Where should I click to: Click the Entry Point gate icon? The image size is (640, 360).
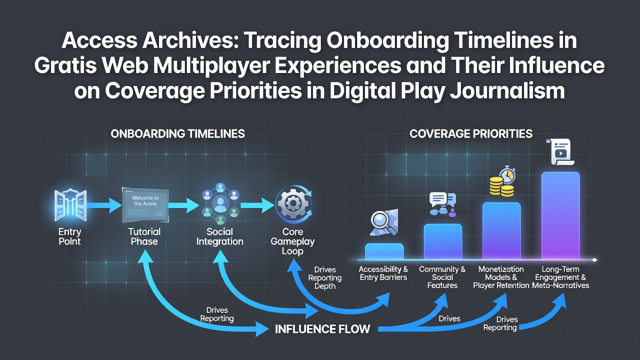tap(70, 205)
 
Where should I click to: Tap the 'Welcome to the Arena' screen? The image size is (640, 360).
tap(145, 204)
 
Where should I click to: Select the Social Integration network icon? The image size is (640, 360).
tap(220, 203)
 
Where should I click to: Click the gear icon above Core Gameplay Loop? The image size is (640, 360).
tap(293, 204)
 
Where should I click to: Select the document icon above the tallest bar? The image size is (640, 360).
tap(560, 151)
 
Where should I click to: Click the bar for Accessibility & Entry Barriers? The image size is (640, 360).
tap(384, 251)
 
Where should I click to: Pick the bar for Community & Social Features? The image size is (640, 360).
tap(443, 241)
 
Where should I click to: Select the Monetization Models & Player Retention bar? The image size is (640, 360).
tap(501, 231)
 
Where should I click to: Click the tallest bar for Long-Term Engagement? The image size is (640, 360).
tap(560, 215)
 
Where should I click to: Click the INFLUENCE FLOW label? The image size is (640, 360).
tap(322, 329)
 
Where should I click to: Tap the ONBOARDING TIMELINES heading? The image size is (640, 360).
tap(177, 133)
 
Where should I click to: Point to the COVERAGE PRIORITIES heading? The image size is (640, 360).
tap(471, 133)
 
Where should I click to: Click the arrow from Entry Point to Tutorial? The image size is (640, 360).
tap(104, 205)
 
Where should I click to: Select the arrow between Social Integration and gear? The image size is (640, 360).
tap(257, 205)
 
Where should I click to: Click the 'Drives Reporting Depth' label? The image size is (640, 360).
tap(325, 277)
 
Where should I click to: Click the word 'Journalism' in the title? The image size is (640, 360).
tap(507, 91)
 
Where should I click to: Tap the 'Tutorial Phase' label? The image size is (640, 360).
tap(144, 236)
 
